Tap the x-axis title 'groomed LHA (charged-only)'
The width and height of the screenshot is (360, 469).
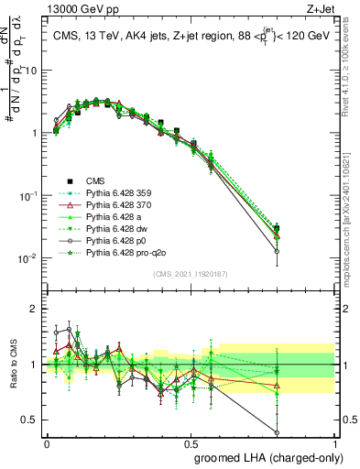265,456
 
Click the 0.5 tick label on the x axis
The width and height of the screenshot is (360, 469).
191,442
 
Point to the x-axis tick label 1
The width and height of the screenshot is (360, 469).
335,442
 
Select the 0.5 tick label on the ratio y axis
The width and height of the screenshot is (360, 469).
30,420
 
